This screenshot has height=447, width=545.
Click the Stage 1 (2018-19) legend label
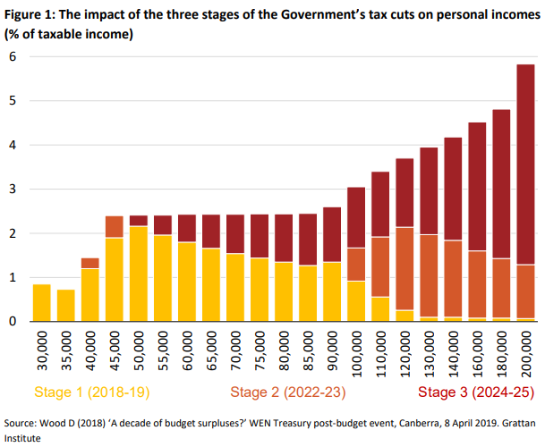[x=92, y=392]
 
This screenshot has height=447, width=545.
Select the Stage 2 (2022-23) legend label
[x=289, y=392]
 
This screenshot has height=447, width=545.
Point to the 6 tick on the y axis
[x=13, y=56]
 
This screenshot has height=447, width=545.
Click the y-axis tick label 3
[x=13, y=190]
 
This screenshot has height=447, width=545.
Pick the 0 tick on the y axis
[x=13, y=321]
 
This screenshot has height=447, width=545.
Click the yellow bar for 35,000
[x=65, y=305]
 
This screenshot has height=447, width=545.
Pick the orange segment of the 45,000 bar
[x=114, y=227]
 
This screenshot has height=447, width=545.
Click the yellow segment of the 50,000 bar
[x=138, y=274]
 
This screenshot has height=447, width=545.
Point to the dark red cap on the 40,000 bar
[x=89, y=263]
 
